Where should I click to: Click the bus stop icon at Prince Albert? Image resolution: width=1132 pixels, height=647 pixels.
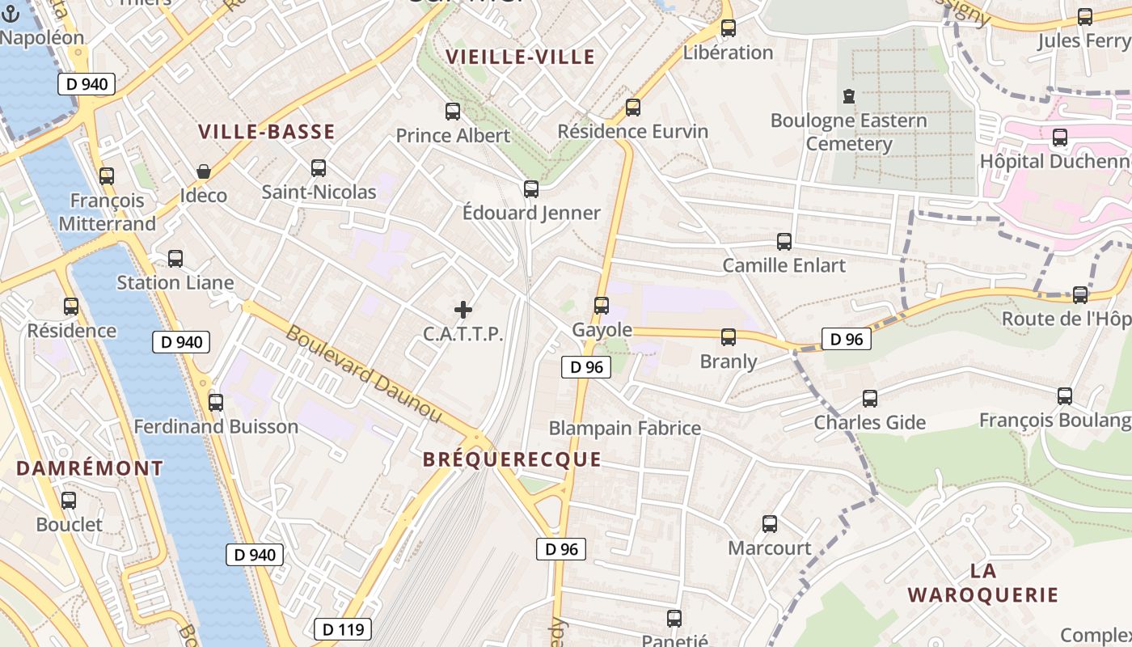(x=453, y=112)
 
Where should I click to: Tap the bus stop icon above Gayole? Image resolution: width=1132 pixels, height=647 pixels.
(x=601, y=306)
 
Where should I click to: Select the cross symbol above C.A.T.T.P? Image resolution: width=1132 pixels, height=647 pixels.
(x=463, y=310)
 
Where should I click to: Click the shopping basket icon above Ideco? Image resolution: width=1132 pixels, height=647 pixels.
(x=204, y=171)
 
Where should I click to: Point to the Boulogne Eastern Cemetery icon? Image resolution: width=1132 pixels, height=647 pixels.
(x=848, y=97)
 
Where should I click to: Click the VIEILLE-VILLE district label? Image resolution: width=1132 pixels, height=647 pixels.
(x=521, y=57)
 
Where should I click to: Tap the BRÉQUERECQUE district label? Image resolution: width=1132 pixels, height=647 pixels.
(x=512, y=459)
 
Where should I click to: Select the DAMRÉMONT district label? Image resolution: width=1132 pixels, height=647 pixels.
(x=90, y=468)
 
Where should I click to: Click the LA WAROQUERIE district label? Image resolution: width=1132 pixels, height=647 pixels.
(x=982, y=583)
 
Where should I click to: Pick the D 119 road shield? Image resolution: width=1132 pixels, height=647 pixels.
(x=343, y=629)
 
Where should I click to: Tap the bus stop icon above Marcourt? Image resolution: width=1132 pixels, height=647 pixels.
(x=770, y=524)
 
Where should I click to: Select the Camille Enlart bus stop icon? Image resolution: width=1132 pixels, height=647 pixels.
(x=784, y=242)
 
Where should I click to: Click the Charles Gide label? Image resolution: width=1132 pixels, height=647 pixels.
(x=869, y=422)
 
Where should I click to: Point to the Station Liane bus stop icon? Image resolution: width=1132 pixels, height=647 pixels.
(x=175, y=259)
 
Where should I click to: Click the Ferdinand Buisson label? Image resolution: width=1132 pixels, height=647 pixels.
(x=216, y=426)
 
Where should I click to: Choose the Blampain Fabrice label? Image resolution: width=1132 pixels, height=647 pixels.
(x=624, y=428)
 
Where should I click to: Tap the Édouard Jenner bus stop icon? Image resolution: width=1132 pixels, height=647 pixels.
(x=531, y=189)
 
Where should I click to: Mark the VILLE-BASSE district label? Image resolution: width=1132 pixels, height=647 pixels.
(x=266, y=132)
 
